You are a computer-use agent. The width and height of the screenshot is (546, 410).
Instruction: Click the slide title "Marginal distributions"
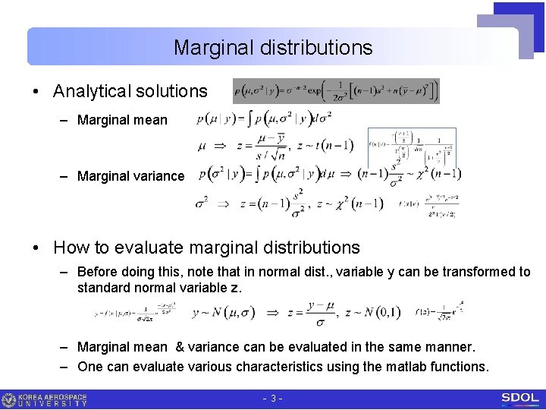(273, 48)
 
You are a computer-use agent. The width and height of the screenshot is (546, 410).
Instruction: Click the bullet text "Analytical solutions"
(130, 91)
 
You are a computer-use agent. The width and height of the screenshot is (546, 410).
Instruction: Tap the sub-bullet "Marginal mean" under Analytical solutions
(122, 120)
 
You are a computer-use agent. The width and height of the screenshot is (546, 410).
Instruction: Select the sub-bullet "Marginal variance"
(130, 176)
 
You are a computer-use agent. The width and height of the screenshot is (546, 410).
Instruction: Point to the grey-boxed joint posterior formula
(336, 91)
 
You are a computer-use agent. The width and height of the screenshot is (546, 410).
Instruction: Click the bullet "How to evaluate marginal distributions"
(206, 248)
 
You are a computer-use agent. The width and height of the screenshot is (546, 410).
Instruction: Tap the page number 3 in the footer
(272, 399)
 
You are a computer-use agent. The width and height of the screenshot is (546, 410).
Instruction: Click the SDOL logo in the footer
(519, 399)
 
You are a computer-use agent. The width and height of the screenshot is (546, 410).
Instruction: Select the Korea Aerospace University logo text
(53, 399)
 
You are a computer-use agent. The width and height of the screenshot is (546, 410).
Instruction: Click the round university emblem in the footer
(9, 399)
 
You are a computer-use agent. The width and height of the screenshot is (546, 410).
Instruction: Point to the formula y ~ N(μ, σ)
(224, 311)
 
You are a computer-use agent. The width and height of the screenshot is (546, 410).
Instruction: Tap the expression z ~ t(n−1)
(326, 146)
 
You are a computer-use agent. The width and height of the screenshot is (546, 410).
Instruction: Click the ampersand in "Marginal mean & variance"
(180, 347)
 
